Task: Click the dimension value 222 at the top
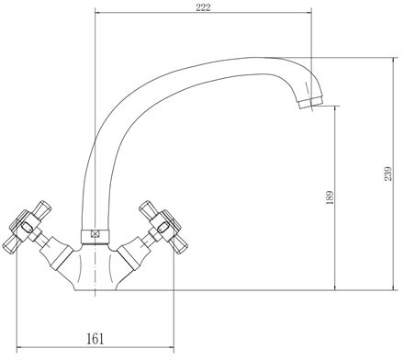203,7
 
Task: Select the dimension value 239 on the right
387,174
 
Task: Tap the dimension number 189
330,197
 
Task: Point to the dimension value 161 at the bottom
95,339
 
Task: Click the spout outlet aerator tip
310,102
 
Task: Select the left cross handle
27,228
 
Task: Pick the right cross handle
163,227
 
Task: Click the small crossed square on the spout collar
95,234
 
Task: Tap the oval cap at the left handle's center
26,227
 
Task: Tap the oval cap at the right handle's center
163,228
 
